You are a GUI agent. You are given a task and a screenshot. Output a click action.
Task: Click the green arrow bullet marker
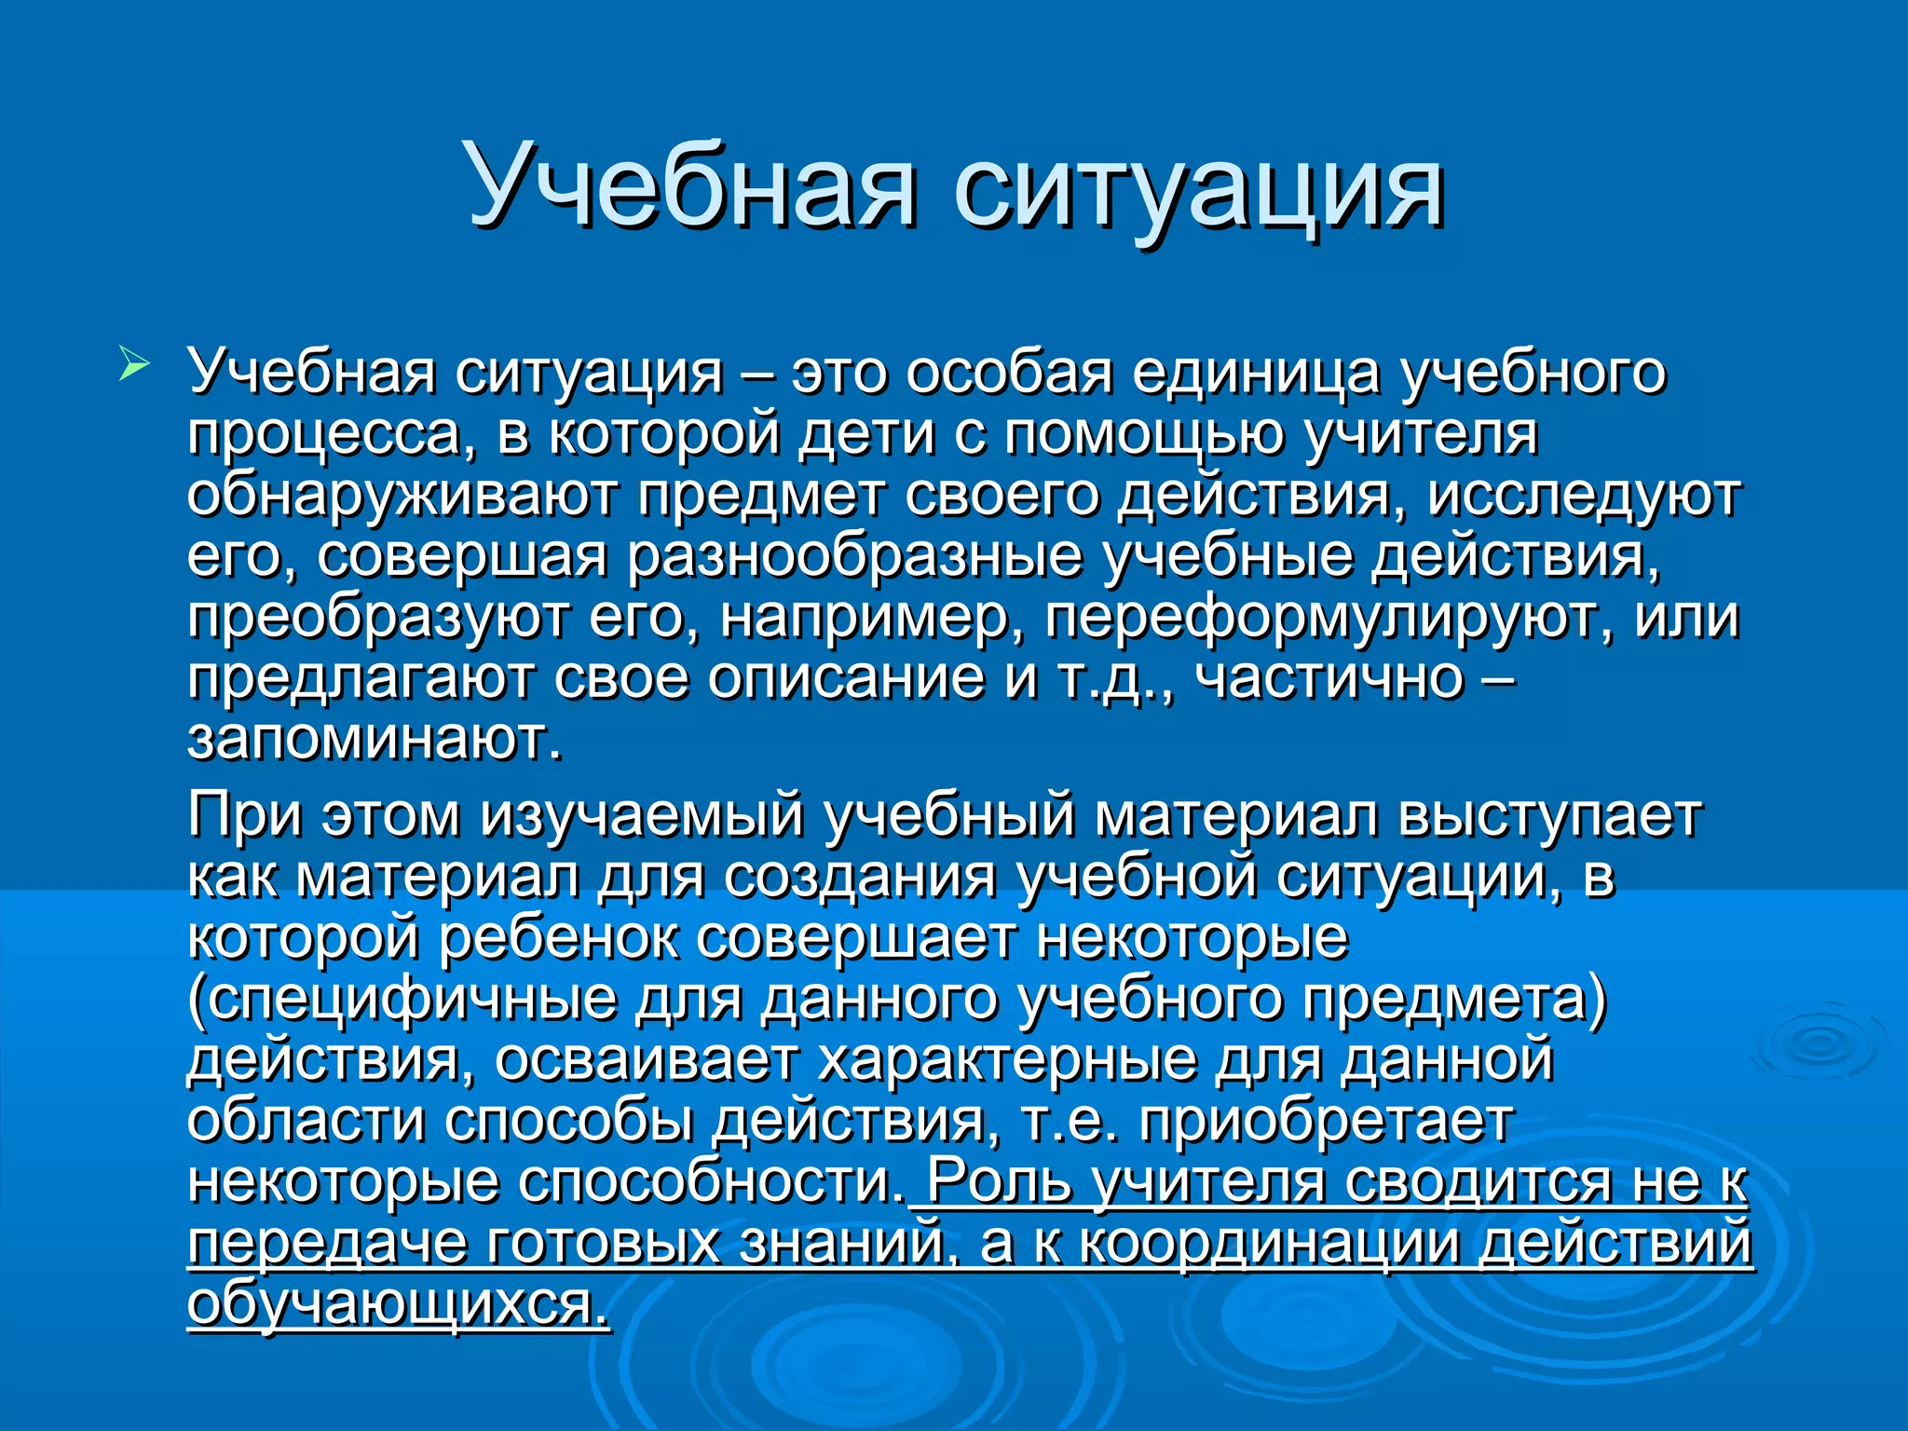point(133,362)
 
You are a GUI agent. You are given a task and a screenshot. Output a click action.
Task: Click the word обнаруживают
point(402,497)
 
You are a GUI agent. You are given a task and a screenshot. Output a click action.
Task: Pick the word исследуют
point(1584,497)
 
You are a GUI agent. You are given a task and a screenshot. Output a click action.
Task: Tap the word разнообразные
point(854,557)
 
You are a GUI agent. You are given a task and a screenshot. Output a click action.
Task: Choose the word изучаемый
point(643,816)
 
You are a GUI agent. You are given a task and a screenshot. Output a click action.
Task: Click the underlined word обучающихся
point(399,1303)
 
